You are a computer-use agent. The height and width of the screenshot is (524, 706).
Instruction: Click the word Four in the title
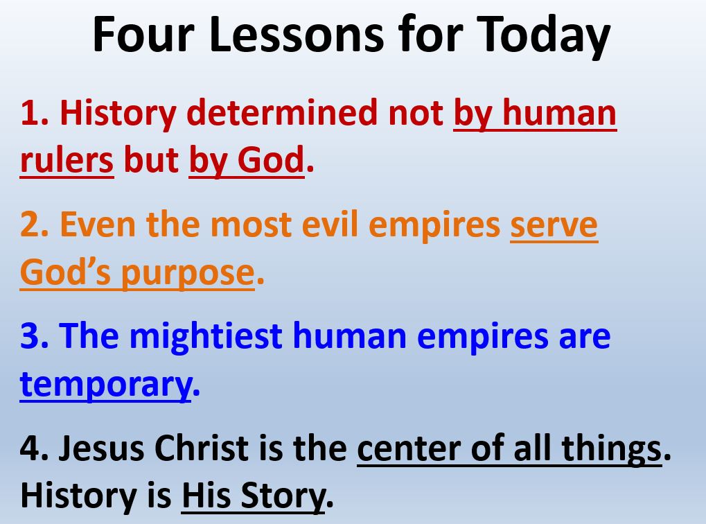(x=143, y=35)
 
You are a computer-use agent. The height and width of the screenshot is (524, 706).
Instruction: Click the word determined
(x=282, y=112)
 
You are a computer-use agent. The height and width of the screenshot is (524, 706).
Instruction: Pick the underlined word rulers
(x=67, y=160)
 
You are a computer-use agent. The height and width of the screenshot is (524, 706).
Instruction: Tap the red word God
(x=271, y=160)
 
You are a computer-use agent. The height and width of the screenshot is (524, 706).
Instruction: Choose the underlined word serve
(x=554, y=225)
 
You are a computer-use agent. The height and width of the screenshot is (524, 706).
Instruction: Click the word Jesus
(x=101, y=448)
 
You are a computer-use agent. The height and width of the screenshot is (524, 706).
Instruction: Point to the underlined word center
(x=409, y=449)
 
